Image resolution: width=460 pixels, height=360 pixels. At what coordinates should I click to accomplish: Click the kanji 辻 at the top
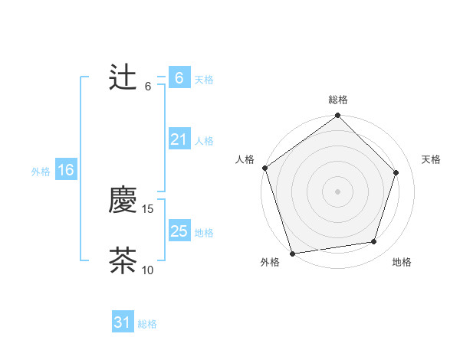coord(123,78)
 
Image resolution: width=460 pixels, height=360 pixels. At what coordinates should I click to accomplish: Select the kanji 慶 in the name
coord(123,201)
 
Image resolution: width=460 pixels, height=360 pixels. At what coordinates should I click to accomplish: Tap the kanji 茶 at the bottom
coord(123,260)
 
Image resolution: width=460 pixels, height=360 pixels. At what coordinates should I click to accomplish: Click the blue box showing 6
coord(179,78)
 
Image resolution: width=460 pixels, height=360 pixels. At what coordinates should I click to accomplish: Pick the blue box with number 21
coord(179,139)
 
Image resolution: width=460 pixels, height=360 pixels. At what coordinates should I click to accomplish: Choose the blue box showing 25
coord(179,231)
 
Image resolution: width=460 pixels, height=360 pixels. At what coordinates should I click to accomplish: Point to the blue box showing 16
coord(65,170)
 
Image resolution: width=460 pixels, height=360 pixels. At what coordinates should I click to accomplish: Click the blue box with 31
coord(122,322)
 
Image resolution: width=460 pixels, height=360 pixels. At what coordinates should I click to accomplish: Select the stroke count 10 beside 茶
coord(148,270)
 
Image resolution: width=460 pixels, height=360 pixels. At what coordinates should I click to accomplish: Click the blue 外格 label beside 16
coord(41,172)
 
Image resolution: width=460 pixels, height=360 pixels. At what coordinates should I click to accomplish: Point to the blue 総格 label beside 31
coord(147,324)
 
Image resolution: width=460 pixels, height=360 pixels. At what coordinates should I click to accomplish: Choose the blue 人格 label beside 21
coord(204,141)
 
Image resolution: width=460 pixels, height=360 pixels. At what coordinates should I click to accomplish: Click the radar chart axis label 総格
coord(337,100)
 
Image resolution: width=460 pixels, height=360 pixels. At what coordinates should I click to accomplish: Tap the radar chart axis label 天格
coord(431,159)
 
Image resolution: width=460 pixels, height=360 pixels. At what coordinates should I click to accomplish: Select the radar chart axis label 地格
coord(402,262)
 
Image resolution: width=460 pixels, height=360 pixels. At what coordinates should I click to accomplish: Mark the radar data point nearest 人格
coord(264,168)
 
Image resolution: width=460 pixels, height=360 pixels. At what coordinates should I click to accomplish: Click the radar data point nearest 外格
coord(292,253)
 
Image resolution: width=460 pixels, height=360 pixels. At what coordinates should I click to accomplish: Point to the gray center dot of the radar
coord(337,191)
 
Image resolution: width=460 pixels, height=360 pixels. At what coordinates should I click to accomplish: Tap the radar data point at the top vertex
coord(337,116)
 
